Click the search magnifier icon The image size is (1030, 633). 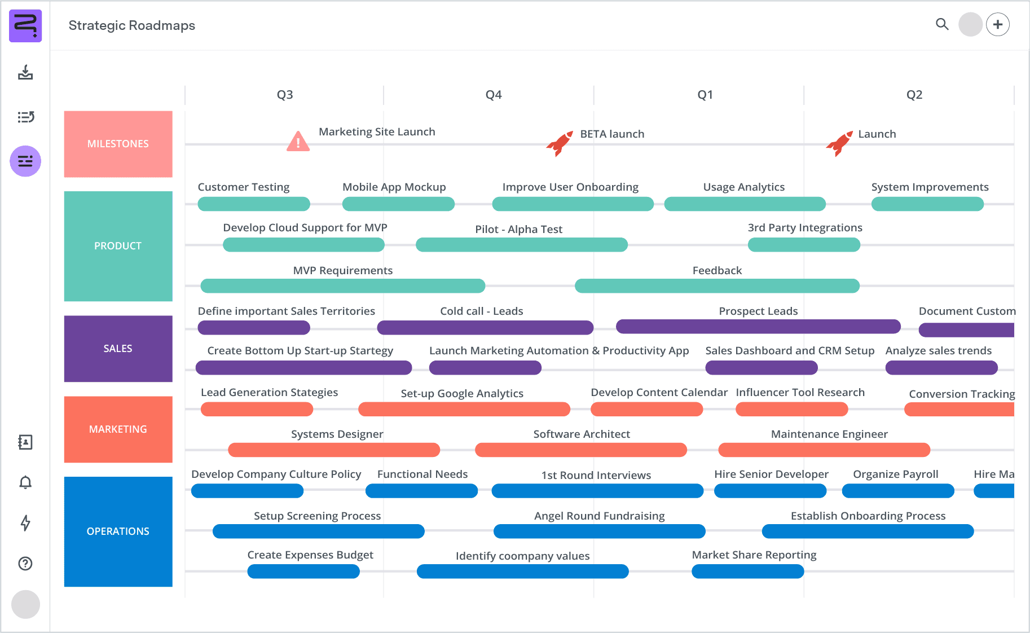(942, 24)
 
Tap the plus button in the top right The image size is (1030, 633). (998, 25)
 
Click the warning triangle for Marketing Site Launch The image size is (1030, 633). (298, 142)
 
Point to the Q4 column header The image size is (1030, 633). (494, 95)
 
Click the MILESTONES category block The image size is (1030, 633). (118, 144)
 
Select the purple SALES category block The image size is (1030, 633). (118, 349)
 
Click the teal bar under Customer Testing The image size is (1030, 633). (254, 204)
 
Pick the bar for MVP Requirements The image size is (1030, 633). (342, 286)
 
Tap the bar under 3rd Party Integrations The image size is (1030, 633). (804, 245)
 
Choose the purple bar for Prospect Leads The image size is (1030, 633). (758, 327)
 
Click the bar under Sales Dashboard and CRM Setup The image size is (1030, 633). (762, 368)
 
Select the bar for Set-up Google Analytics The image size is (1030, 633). (464, 409)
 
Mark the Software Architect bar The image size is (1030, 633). (581, 450)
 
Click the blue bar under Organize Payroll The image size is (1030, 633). (898, 491)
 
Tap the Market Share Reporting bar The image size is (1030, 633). (747, 572)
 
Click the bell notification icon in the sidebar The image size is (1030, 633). (25, 482)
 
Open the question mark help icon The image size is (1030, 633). (25, 564)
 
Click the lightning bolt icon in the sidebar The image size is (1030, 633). (25, 523)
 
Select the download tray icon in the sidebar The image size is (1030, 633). (25, 73)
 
